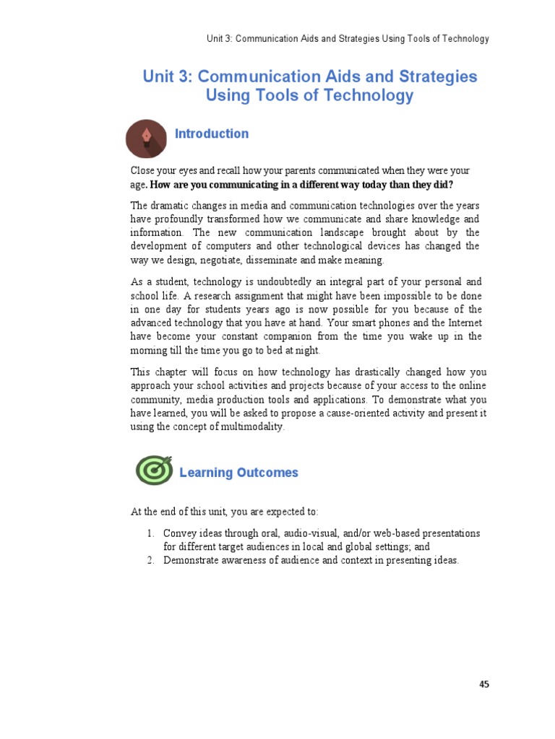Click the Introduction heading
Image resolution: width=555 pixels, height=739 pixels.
click(x=212, y=134)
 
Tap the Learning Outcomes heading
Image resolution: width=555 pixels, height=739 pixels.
click(x=238, y=473)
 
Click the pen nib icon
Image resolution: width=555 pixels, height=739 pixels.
click(x=147, y=138)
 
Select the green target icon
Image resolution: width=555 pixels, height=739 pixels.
click(x=154, y=471)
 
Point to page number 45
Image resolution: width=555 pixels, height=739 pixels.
click(x=483, y=684)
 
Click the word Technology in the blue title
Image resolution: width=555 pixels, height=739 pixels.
click(x=373, y=95)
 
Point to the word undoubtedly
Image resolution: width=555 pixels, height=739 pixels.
click(x=269, y=281)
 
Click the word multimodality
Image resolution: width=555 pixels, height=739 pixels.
click(x=251, y=427)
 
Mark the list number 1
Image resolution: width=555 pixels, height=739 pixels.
click(x=150, y=533)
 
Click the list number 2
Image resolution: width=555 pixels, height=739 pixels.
click(x=150, y=561)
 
